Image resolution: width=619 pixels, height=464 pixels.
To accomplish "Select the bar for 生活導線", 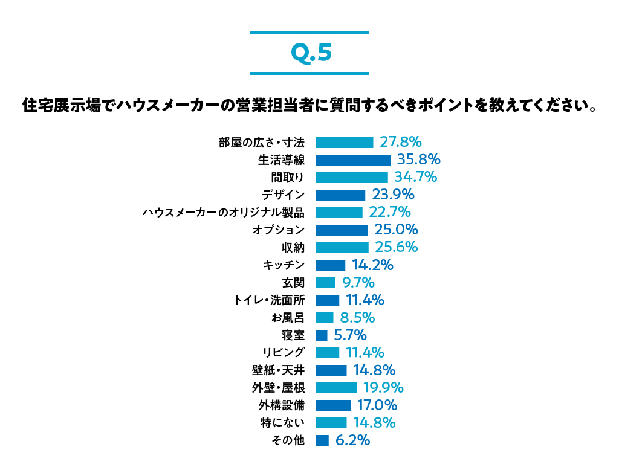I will (x=352, y=160).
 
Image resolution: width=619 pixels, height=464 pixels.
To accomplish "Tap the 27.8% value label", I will (x=400, y=142).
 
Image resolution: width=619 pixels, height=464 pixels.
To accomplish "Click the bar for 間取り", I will (x=351, y=178).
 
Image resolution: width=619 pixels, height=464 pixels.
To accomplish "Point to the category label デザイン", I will (x=283, y=195).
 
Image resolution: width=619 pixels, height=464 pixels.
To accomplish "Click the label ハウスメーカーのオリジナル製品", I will (x=223, y=213).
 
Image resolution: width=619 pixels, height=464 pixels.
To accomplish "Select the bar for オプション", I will (x=342, y=230).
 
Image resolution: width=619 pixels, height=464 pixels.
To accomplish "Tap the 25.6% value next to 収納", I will (x=397, y=247).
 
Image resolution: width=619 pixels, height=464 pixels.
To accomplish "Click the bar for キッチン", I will (x=330, y=265).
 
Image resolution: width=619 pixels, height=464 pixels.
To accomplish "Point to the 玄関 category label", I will (x=293, y=283).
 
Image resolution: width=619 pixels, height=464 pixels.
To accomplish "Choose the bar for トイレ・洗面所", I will (x=327, y=300).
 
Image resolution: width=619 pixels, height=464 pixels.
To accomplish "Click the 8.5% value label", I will (x=357, y=317).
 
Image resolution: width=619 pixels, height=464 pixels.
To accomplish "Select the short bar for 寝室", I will (x=321, y=335).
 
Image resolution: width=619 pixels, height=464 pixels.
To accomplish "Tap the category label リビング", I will (x=284, y=353).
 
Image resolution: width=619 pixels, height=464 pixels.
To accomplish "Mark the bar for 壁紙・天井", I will (x=331, y=370).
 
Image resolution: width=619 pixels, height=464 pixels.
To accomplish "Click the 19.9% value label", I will (x=383, y=387).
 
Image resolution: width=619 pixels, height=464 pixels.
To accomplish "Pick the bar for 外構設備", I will (x=332, y=405).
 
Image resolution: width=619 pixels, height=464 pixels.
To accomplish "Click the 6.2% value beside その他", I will (x=352, y=440).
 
